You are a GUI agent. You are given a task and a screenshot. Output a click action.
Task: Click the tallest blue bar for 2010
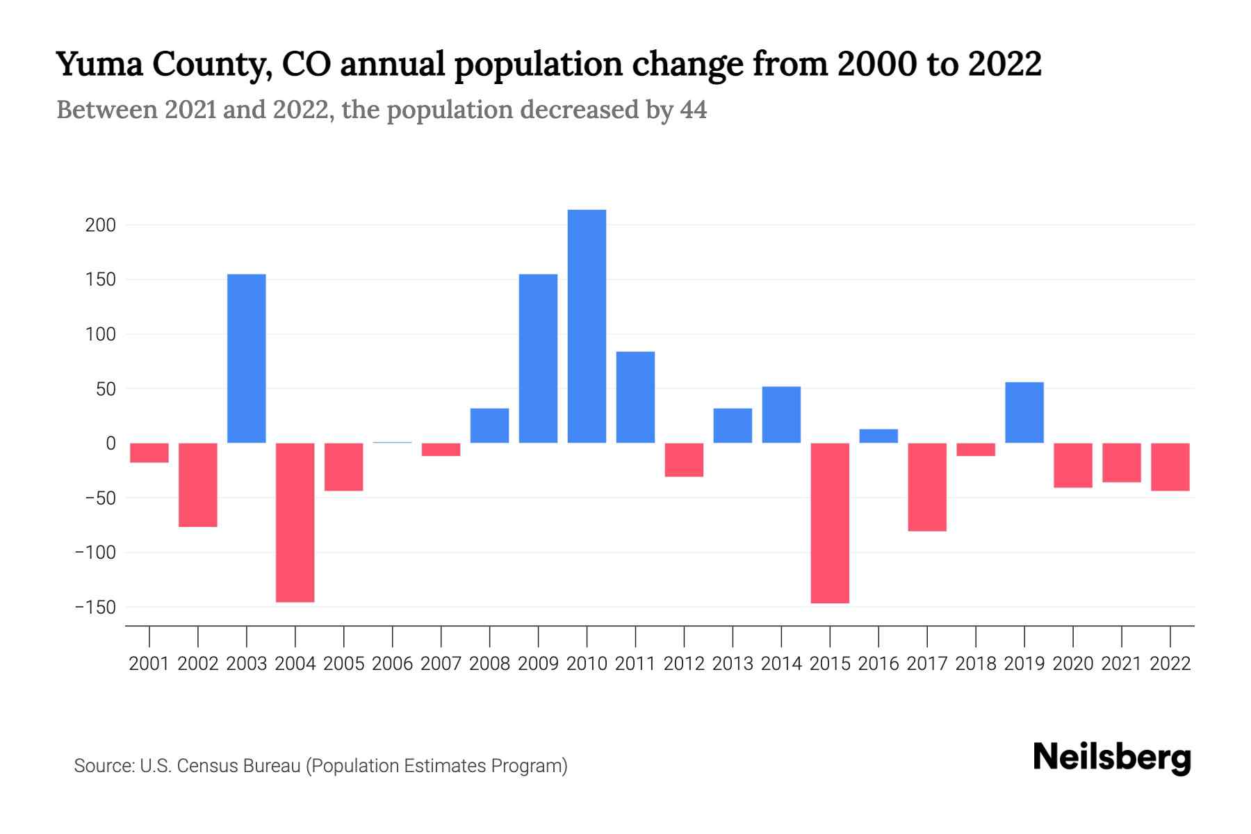tap(587, 326)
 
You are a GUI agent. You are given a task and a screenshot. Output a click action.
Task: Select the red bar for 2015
tap(830, 523)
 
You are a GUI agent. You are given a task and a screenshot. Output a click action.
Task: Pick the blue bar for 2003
tap(247, 359)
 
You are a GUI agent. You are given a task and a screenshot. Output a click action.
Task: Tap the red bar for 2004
tap(295, 522)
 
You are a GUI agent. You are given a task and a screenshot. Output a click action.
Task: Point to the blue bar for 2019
tap(1024, 412)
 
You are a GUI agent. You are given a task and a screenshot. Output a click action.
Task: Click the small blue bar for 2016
tap(878, 436)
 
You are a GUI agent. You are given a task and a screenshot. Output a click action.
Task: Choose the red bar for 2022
tap(1170, 467)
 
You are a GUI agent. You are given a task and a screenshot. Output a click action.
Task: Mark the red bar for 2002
tap(198, 485)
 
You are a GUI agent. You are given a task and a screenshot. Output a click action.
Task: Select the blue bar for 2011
tap(635, 397)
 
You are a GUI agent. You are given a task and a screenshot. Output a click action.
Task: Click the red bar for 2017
tap(927, 487)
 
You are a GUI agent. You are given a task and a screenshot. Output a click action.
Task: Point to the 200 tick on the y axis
tap(101, 225)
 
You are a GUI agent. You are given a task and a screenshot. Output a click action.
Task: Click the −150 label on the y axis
tap(96, 607)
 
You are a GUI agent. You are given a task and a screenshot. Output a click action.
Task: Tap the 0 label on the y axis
tap(111, 443)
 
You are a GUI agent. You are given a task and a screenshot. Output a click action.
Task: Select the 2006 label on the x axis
tap(393, 664)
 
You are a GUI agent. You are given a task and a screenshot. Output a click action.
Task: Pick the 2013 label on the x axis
tap(733, 664)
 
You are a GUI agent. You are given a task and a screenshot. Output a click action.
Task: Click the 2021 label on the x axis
tap(1122, 664)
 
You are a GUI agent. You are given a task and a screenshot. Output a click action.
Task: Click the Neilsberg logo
tap(1112, 758)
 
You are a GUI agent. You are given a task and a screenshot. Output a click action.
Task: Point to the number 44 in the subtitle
tap(693, 110)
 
